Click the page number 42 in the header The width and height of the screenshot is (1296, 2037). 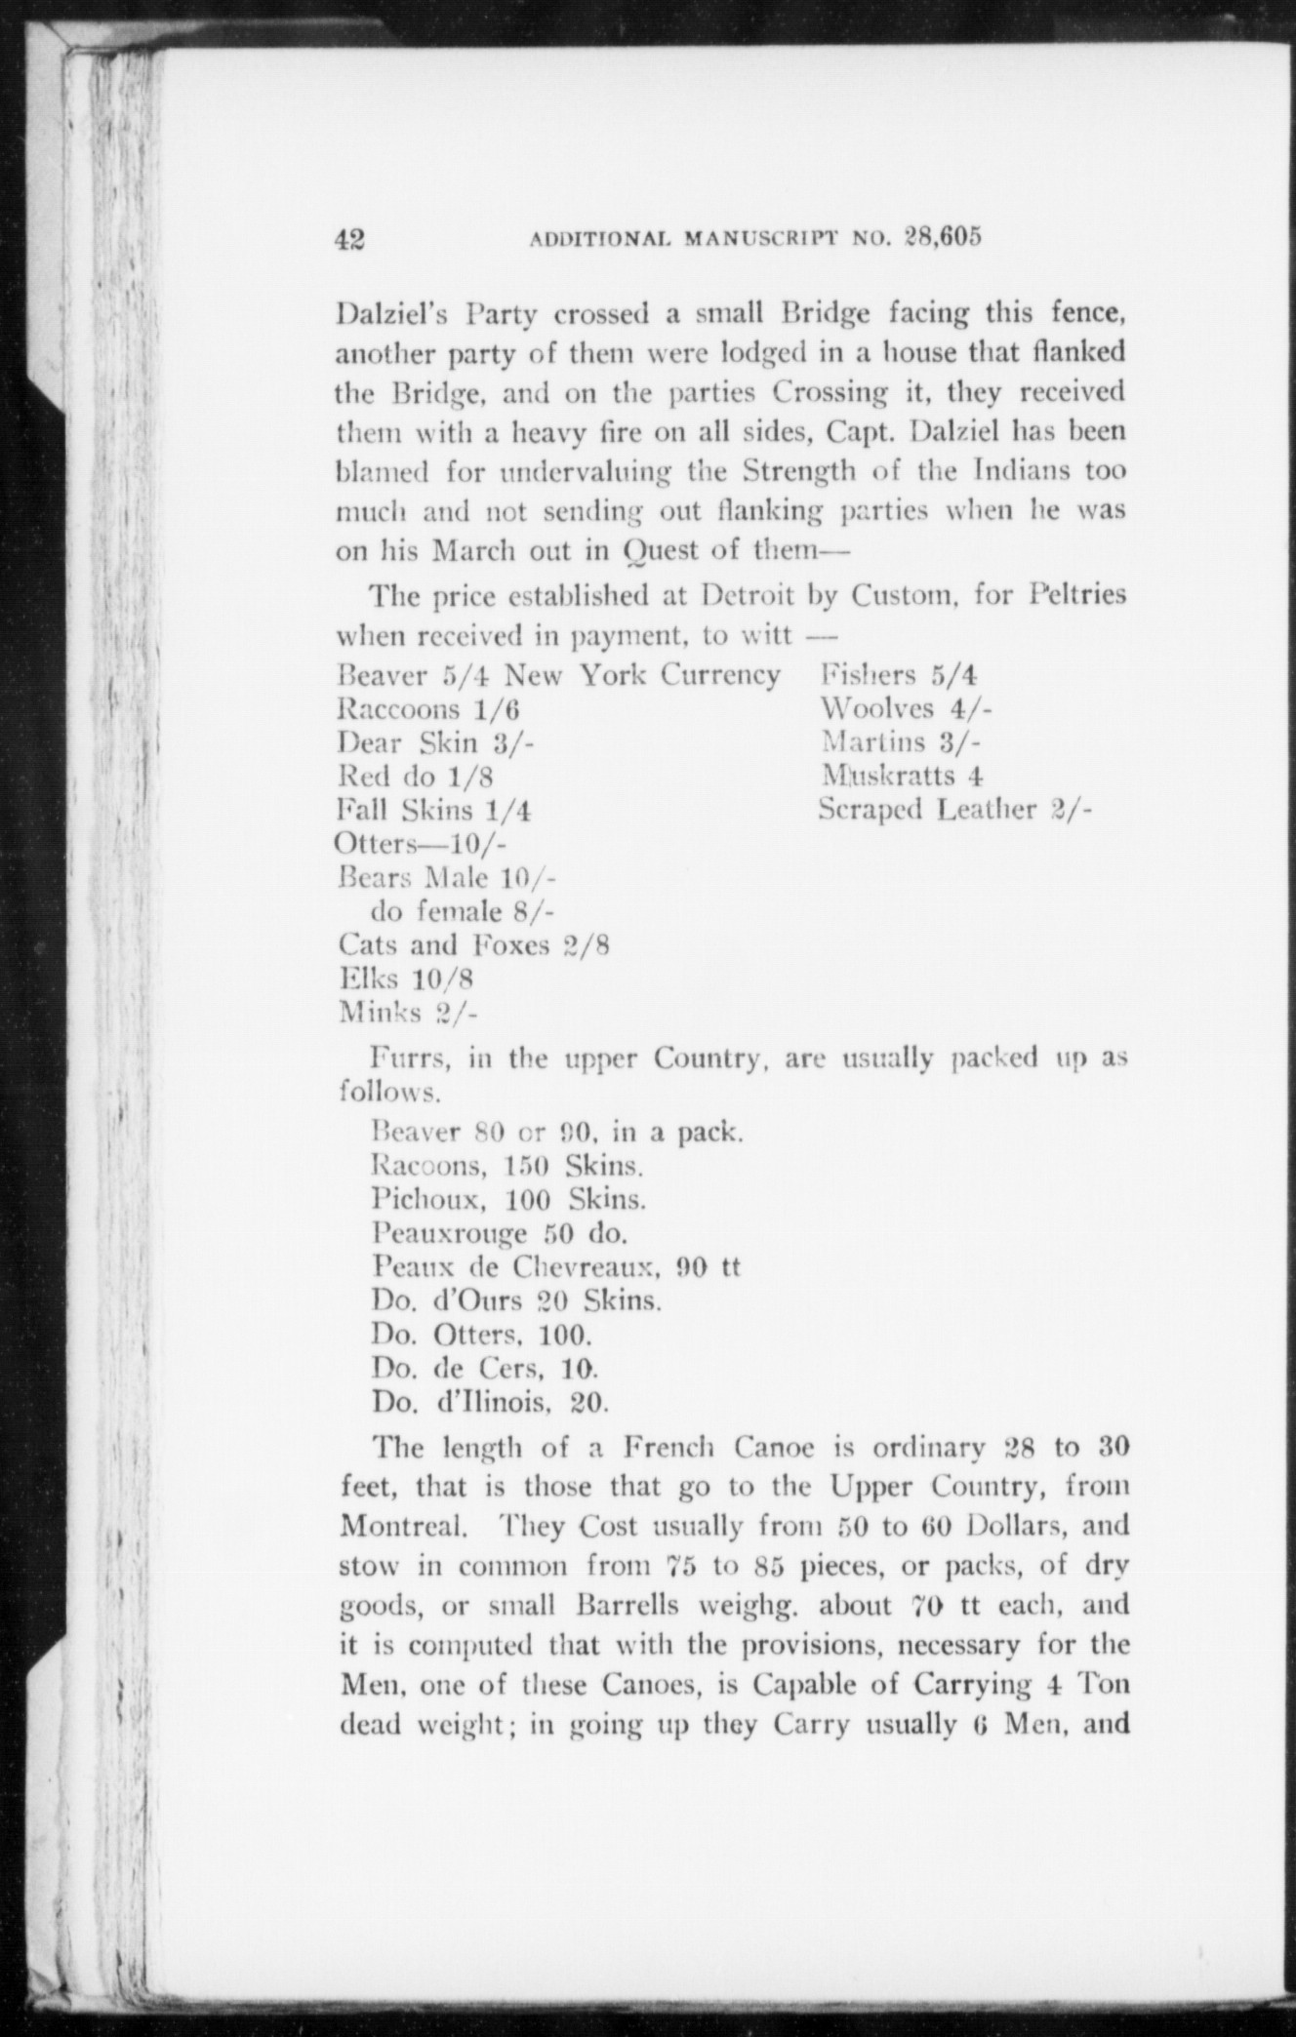(x=349, y=239)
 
